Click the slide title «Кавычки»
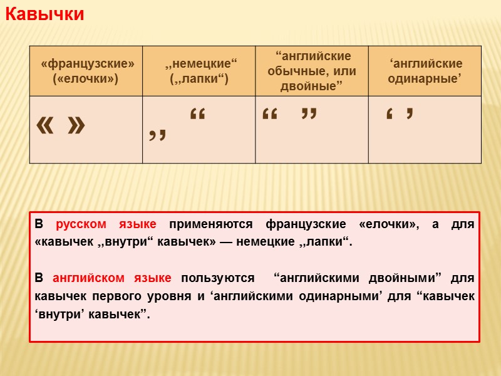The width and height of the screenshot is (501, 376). tap(44, 14)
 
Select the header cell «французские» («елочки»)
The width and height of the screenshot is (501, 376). tap(86, 71)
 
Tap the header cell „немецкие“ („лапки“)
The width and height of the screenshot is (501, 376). tap(199, 71)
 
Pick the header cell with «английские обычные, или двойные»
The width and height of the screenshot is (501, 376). tap(312, 71)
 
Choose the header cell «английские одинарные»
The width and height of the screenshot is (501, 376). tap(425, 71)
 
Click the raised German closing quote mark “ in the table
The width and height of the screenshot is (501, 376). tap(197, 116)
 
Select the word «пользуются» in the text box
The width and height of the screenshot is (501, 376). tap(217, 278)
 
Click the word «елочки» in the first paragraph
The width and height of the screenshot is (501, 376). tap(390, 224)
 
